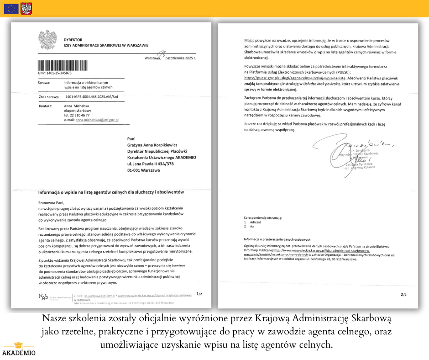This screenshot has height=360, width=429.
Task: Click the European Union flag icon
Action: point(11,8)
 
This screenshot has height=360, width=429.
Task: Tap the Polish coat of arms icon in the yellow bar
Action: point(26,8)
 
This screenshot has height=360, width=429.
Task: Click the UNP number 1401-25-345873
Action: point(55,73)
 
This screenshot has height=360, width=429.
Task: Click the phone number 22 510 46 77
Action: point(77,115)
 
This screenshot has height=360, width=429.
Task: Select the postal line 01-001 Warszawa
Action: point(143,170)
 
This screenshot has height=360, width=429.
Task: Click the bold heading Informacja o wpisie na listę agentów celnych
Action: point(111,192)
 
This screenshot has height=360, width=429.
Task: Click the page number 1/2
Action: point(199,294)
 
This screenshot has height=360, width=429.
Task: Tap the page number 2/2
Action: point(403,295)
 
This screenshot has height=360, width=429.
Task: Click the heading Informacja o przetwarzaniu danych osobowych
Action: point(277,239)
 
